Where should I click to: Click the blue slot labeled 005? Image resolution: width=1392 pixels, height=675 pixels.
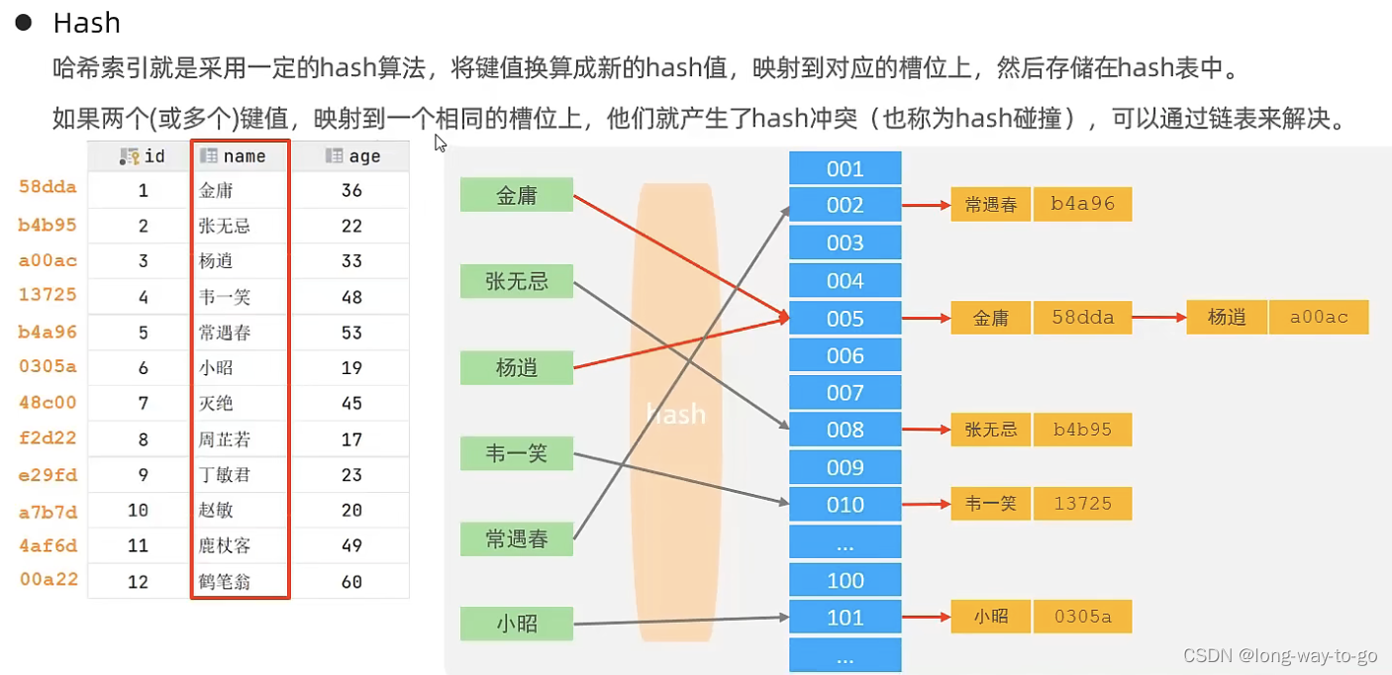click(x=845, y=319)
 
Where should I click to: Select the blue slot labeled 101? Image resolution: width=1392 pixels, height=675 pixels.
click(x=845, y=618)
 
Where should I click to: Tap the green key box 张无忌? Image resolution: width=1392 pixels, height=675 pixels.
click(x=517, y=281)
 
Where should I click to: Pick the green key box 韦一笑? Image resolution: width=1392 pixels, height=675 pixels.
click(x=517, y=454)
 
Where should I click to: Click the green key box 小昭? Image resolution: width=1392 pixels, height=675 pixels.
click(x=517, y=624)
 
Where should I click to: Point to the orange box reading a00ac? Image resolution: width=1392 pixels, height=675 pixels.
click(x=1319, y=317)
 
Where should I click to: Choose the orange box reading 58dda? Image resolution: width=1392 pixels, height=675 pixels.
click(x=1082, y=318)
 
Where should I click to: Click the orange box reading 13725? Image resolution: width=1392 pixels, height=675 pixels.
click(x=1082, y=504)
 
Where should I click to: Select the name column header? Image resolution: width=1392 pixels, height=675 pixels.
click(x=241, y=156)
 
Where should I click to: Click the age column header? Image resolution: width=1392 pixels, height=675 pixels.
click(x=352, y=156)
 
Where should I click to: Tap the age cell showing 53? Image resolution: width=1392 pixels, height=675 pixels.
click(x=351, y=333)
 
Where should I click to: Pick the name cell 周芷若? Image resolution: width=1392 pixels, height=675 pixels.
click(x=224, y=439)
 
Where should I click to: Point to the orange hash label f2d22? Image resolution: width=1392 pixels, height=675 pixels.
click(x=48, y=437)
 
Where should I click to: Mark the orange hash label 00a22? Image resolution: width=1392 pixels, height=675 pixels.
click(x=49, y=579)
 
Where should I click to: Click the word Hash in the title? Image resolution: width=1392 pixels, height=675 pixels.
click(x=86, y=23)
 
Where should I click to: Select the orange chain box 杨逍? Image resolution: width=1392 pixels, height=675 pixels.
click(x=1227, y=317)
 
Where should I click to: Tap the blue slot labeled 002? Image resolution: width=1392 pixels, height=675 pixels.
click(x=845, y=205)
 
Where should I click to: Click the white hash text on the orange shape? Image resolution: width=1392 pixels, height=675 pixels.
click(x=676, y=413)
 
